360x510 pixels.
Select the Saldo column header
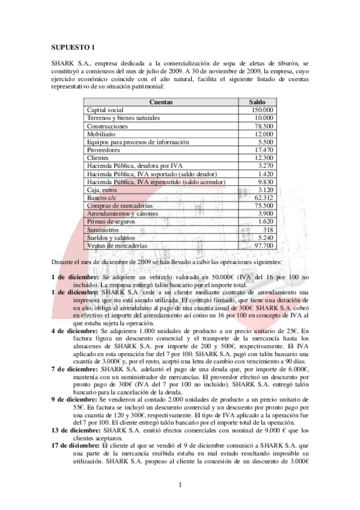(257, 102)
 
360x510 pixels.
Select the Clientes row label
(98, 158)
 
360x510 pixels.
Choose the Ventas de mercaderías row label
(117, 245)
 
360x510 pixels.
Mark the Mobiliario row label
(102, 134)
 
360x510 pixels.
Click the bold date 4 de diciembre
(74, 331)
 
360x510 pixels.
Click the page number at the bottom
(179, 484)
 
